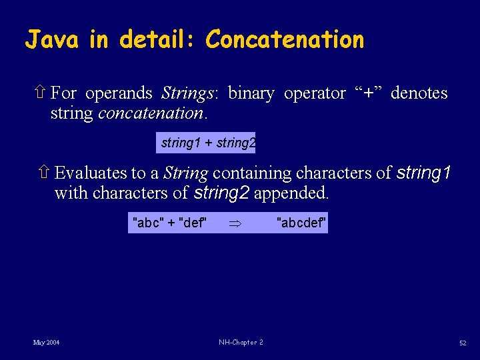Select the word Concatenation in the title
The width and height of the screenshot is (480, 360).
(285, 40)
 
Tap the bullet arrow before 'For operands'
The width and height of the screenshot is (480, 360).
(42, 93)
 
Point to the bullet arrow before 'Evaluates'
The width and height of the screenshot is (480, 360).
(45, 173)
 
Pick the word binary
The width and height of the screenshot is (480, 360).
(251, 93)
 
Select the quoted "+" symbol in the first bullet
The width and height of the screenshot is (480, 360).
(368, 93)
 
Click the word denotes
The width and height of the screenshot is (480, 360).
(419, 93)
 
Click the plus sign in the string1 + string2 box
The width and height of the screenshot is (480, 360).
(209, 143)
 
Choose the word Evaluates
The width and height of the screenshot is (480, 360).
(91, 173)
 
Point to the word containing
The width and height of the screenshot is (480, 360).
(252, 173)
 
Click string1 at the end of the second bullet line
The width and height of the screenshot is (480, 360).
(423, 173)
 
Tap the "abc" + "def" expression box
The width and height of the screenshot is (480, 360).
(170, 223)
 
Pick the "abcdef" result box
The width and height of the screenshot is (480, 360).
(301, 223)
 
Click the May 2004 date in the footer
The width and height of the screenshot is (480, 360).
(46, 343)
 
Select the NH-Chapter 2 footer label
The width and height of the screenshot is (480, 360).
(240, 343)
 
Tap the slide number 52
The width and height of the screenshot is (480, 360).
(462, 343)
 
